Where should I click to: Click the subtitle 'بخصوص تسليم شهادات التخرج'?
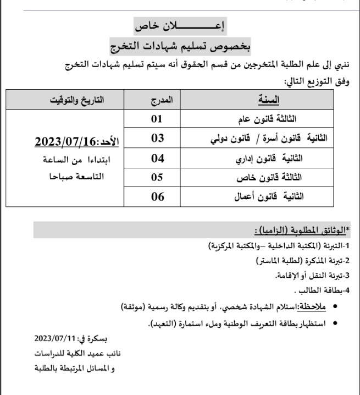(x=180, y=46)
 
